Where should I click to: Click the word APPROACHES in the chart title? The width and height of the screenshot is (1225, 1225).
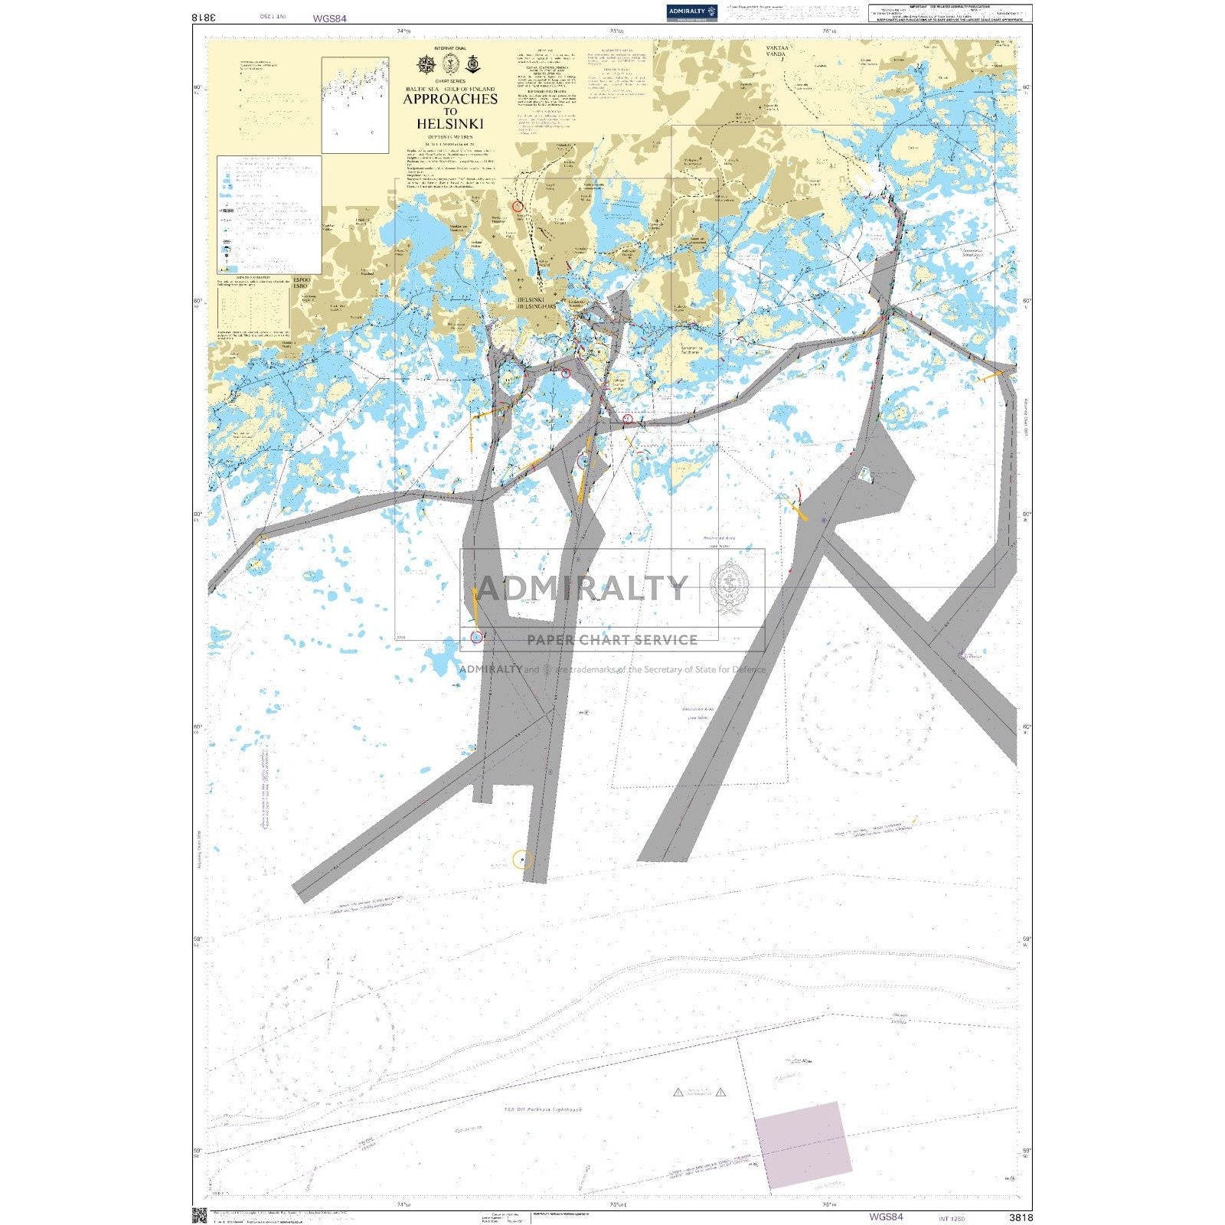pos(450,99)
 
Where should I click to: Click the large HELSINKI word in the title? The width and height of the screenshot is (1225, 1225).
pos(450,123)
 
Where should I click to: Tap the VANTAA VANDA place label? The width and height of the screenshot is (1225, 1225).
pos(776,51)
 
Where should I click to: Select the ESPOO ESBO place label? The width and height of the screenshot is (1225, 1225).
pos(301,283)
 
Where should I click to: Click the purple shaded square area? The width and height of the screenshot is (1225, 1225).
pos(803,1145)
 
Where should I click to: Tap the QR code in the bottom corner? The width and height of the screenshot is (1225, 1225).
pos(200,1215)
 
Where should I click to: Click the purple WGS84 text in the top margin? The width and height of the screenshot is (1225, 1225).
pos(330,18)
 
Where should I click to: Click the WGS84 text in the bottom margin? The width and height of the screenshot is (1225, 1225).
pos(886,1217)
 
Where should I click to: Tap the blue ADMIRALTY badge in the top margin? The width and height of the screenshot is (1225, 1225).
pos(691,11)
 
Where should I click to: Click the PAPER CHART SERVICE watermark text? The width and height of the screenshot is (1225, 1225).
pos(612,640)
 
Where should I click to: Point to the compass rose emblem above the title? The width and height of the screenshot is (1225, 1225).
pos(426,64)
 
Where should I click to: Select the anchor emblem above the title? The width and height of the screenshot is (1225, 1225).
pos(473,64)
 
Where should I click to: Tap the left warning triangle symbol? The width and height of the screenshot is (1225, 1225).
pos(678,1093)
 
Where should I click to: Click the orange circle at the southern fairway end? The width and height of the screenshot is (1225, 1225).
pos(522,860)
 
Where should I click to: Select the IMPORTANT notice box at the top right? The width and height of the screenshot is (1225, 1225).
pos(949,12)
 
